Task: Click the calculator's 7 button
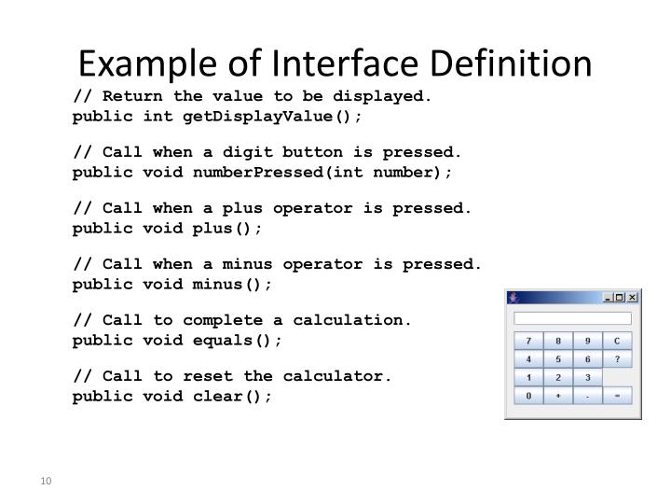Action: click(529, 341)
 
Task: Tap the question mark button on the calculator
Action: click(617, 359)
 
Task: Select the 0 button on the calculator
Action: click(529, 396)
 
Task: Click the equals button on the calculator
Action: click(617, 396)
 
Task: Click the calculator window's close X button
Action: click(632, 298)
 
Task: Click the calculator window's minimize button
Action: click(609, 298)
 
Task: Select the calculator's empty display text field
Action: click(572, 318)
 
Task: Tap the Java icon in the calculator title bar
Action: click(513, 298)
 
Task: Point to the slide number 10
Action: click(45, 482)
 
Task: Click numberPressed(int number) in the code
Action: click(322, 173)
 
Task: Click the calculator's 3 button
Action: click(588, 377)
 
